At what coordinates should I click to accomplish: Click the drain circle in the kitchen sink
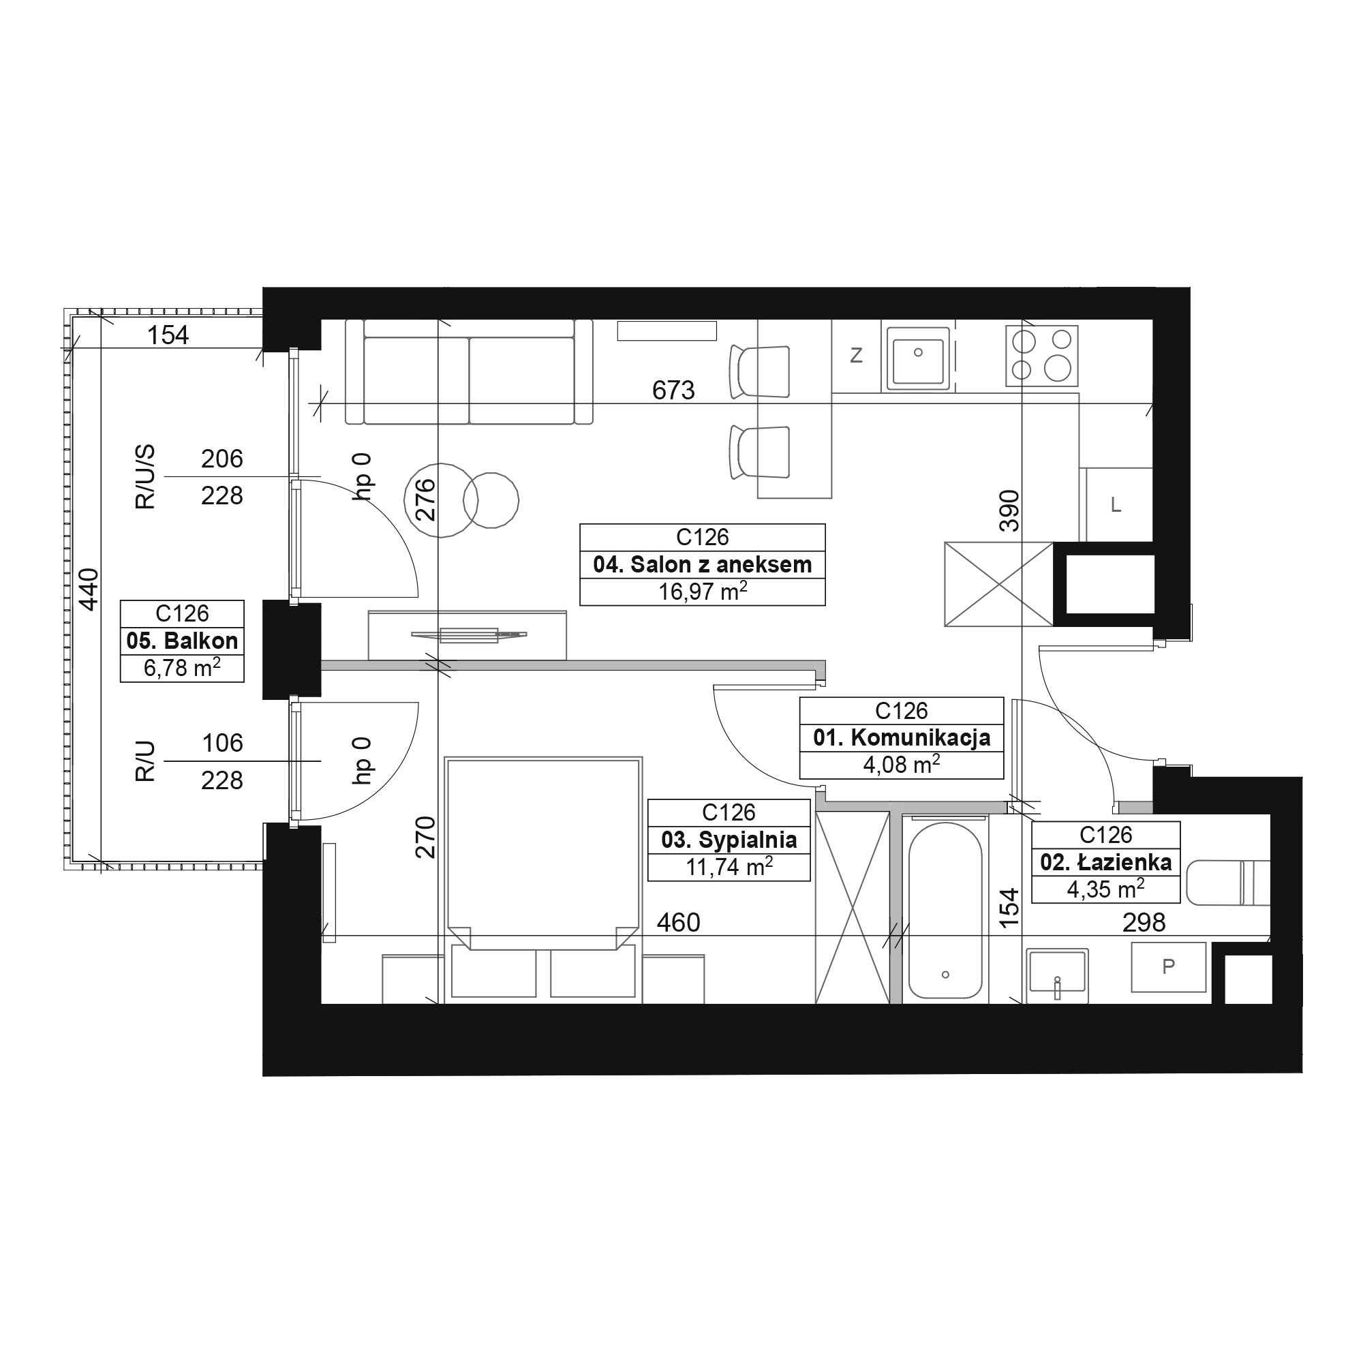918,352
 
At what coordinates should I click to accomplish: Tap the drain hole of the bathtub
945,975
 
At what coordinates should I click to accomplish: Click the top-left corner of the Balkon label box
121,600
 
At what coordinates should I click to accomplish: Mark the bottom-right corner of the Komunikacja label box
1003,779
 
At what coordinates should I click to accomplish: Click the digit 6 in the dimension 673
660,390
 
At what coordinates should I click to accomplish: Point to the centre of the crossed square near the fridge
998,583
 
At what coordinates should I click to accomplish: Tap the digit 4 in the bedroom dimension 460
664,922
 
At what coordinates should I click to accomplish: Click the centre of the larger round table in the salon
440,500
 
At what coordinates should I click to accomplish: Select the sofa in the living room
469,372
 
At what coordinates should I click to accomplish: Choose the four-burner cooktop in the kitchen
1041,356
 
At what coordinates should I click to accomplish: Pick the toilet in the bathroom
1228,882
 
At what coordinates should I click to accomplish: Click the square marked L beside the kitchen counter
1119,504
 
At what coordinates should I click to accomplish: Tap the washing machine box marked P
1168,966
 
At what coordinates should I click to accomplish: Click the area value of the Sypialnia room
729,867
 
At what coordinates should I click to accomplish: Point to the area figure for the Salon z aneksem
703,591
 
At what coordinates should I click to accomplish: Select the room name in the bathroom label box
1105,861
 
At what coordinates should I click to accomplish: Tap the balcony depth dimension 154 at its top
168,335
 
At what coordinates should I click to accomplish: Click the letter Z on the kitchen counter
856,356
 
